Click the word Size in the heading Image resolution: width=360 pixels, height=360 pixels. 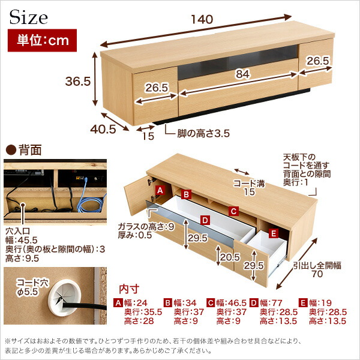(x=28, y=17)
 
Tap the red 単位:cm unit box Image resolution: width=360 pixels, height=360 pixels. (x=42, y=40)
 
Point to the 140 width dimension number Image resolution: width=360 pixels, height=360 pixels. (x=202, y=20)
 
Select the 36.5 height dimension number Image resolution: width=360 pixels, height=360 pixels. (x=78, y=81)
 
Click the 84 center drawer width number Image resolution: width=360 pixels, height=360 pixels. (x=242, y=74)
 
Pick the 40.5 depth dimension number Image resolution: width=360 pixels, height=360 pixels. (x=103, y=130)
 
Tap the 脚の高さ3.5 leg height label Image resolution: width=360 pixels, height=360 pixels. (x=203, y=133)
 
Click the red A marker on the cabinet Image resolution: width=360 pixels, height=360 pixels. (x=160, y=190)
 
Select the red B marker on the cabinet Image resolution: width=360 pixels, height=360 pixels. (x=186, y=194)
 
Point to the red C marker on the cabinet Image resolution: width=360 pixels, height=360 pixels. (x=233, y=211)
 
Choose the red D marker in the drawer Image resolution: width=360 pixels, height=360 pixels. (x=205, y=220)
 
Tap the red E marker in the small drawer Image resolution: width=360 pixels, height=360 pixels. (x=273, y=233)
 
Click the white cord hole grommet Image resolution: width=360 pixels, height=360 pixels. (x=64, y=298)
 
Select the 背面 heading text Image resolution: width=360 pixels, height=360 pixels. (x=31, y=150)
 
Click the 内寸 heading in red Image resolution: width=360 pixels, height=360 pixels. (x=129, y=289)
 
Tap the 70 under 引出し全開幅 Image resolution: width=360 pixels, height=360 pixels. (x=317, y=274)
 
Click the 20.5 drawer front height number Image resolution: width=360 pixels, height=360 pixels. (x=230, y=257)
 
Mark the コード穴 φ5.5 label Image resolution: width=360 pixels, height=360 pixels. (x=32, y=287)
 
